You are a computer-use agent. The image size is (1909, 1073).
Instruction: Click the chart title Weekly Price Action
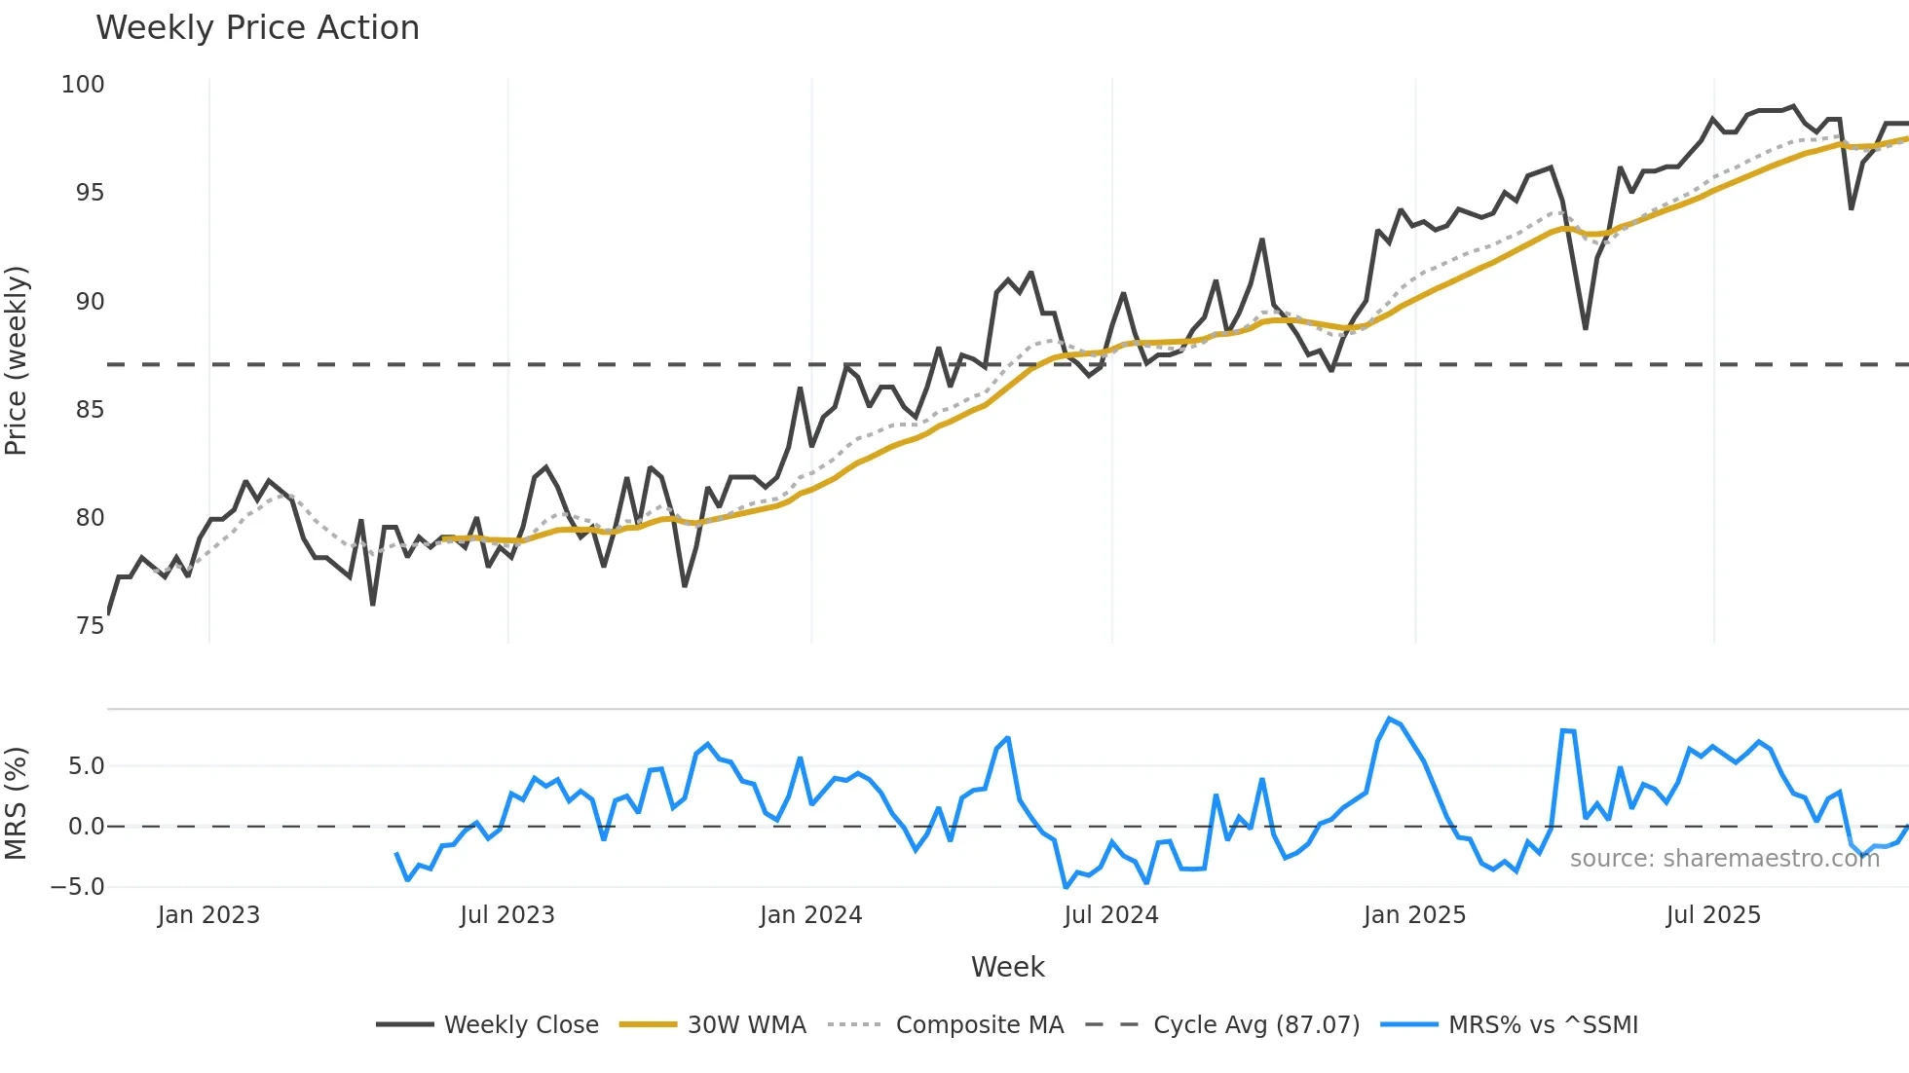point(257,28)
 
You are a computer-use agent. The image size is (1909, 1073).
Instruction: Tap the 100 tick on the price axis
point(83,85)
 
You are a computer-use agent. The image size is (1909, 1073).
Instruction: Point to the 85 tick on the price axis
point(90,410)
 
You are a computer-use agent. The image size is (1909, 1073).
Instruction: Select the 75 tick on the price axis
point(90,626)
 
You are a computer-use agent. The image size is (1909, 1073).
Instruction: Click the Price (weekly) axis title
point(17,360)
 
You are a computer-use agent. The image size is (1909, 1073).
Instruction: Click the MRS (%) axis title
point(17,803)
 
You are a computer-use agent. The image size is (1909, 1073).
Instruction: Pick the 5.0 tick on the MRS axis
point(86,766)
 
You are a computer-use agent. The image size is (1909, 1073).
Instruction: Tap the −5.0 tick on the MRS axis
point(78,887)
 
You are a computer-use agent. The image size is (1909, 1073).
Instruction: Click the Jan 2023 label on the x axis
point(208,915)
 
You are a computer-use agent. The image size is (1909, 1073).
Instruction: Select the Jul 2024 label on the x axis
point(1110,915)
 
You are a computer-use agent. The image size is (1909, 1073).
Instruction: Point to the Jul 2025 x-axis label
point(1712,915)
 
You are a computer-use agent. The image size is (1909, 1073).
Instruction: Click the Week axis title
point(1007,967)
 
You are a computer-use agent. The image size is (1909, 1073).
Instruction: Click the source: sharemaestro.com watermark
point(1724,859)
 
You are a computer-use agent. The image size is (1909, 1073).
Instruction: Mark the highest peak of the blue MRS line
point(1389,720)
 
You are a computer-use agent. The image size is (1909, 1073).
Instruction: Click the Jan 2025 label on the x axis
point(1414,915)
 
